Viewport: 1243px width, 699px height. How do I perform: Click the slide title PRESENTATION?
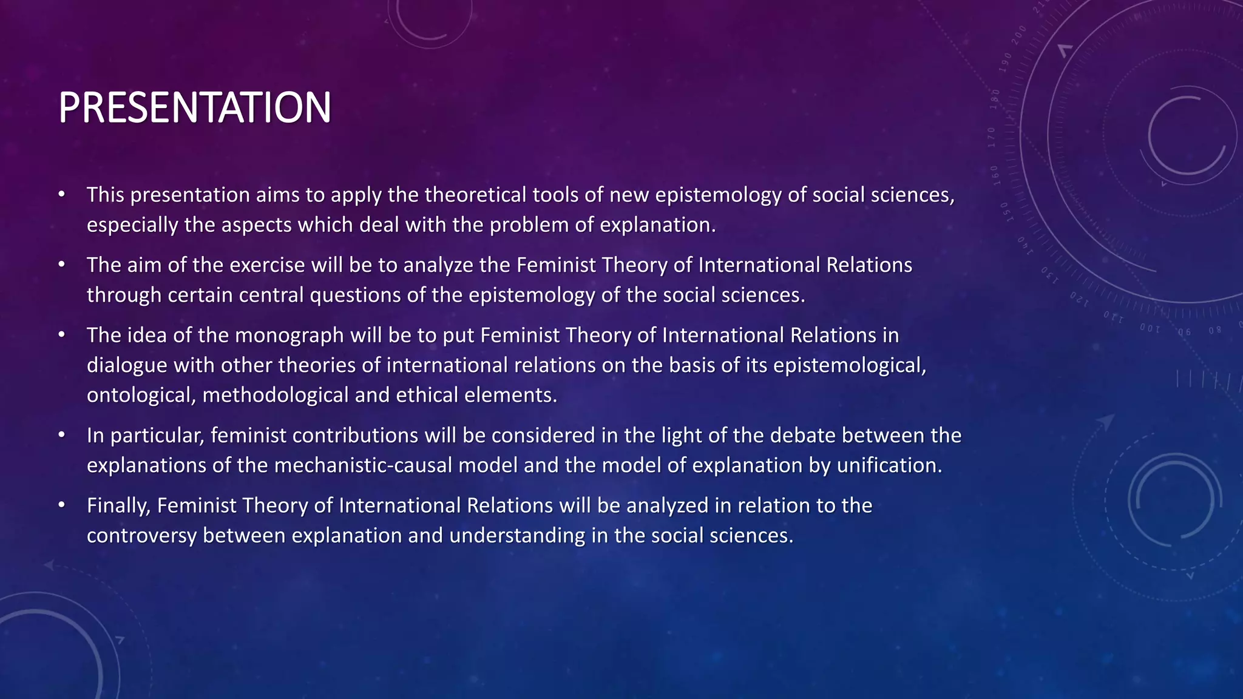(x=194, y=108)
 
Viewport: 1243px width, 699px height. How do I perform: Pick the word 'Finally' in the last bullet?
(x=118, y=506)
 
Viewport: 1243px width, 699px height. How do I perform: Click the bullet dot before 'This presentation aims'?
(x=61, y=195)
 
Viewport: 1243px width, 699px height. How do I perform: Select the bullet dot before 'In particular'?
(x=61, y=436)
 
